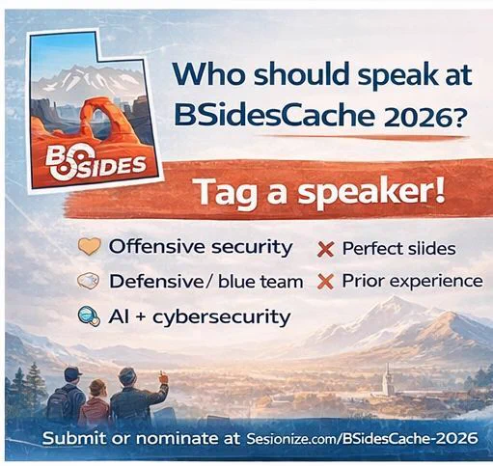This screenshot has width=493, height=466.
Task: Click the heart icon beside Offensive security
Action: (x=90, y=247)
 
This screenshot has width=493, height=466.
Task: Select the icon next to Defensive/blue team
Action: (x=89, y=281)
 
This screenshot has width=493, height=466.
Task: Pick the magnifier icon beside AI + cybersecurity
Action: (x=89, y=316)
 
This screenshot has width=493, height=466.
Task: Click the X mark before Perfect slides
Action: (x=326, y=250)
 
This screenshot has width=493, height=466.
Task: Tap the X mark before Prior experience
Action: (x=325, y=282)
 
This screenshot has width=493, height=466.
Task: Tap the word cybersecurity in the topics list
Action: (x=222, y=317)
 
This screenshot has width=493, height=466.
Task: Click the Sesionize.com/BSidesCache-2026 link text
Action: (x=362, y=439)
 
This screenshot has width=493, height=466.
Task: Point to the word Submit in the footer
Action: (x=74, y=438)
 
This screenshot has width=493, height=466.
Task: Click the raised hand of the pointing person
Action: (x=163, y=378)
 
